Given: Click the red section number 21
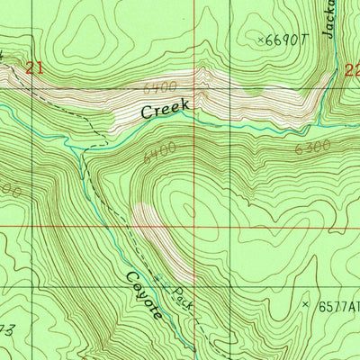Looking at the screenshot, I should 34,67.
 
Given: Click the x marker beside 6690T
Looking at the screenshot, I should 263,40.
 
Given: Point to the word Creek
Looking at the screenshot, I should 166,111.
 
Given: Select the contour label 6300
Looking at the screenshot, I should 312,146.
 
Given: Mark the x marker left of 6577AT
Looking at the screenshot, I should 306,306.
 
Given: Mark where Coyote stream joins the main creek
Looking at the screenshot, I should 84,151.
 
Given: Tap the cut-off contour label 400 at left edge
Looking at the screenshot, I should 9,191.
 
